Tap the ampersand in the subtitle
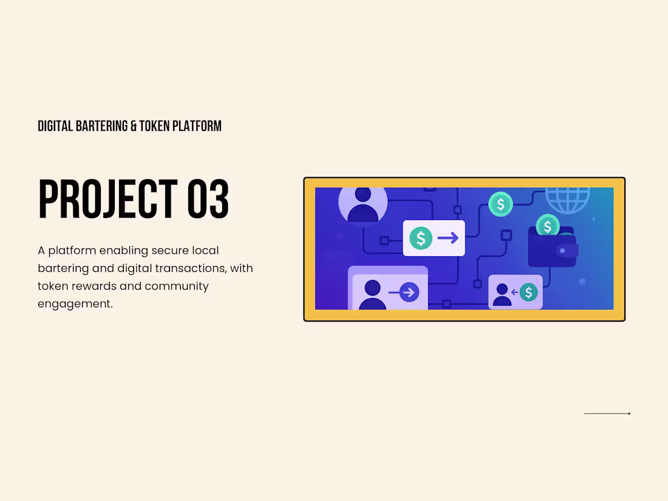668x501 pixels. [x=134, y=126]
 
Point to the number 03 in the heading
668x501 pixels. [x=208, y=200]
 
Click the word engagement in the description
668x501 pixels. [x=75, y=304]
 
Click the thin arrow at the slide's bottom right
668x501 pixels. [x=607, y=414]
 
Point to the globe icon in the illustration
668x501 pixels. [x=567, y=197]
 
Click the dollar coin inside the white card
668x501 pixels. [x=420, y=238]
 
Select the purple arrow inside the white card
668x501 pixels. [x=448, y=238]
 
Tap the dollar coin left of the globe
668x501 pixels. [x=501, y=204]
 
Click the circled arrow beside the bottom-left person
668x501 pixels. [x=409, y=293]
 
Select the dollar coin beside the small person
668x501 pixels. [x=528, y=293]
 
